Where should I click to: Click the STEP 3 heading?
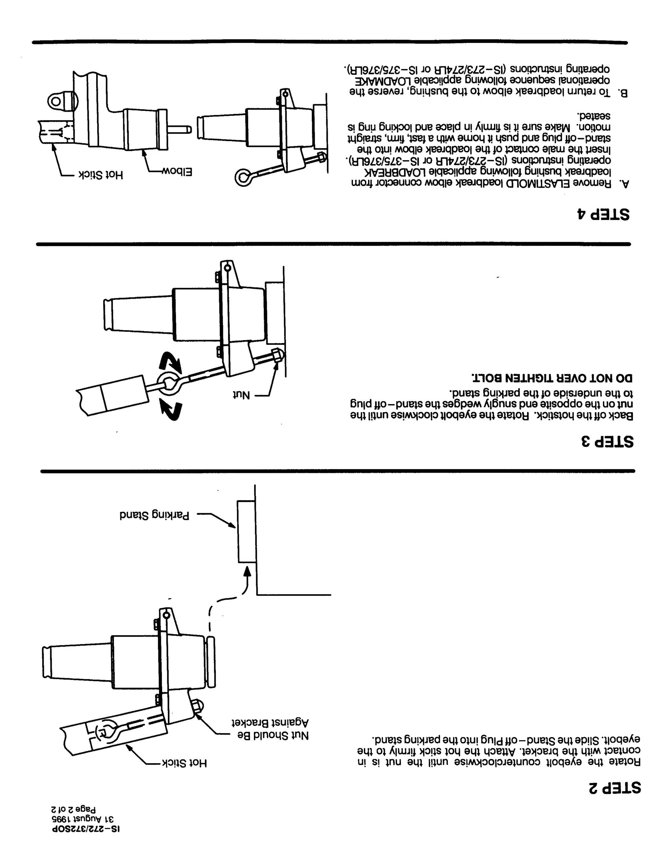click(607, 441)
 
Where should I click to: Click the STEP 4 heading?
click(603, 214)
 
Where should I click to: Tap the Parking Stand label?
click(154, 515)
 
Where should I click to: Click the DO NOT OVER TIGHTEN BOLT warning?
click(552, 378)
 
